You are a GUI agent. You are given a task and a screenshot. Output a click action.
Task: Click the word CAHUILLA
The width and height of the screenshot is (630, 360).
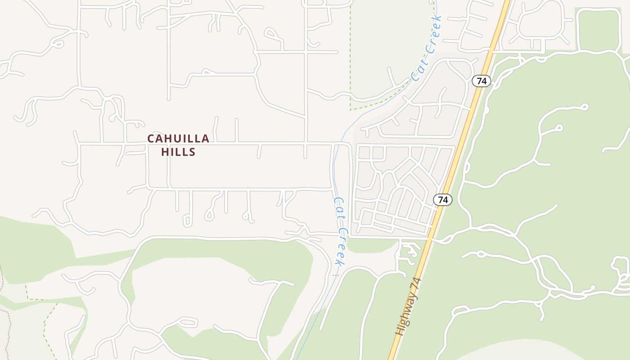[178, 139]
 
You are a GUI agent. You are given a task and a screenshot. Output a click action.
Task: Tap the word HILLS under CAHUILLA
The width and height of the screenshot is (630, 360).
[178, 152]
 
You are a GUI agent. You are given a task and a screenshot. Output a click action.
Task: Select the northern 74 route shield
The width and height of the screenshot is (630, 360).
[481, 81]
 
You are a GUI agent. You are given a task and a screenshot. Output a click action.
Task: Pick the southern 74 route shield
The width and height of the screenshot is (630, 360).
[443, 199]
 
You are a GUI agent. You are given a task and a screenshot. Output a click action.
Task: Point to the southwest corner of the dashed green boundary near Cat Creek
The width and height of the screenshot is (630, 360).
[351, 109]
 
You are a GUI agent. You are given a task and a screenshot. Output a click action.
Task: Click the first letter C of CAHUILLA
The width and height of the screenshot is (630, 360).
[151, 139]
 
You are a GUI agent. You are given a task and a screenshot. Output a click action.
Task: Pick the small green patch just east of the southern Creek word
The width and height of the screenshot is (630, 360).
[369, 245]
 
